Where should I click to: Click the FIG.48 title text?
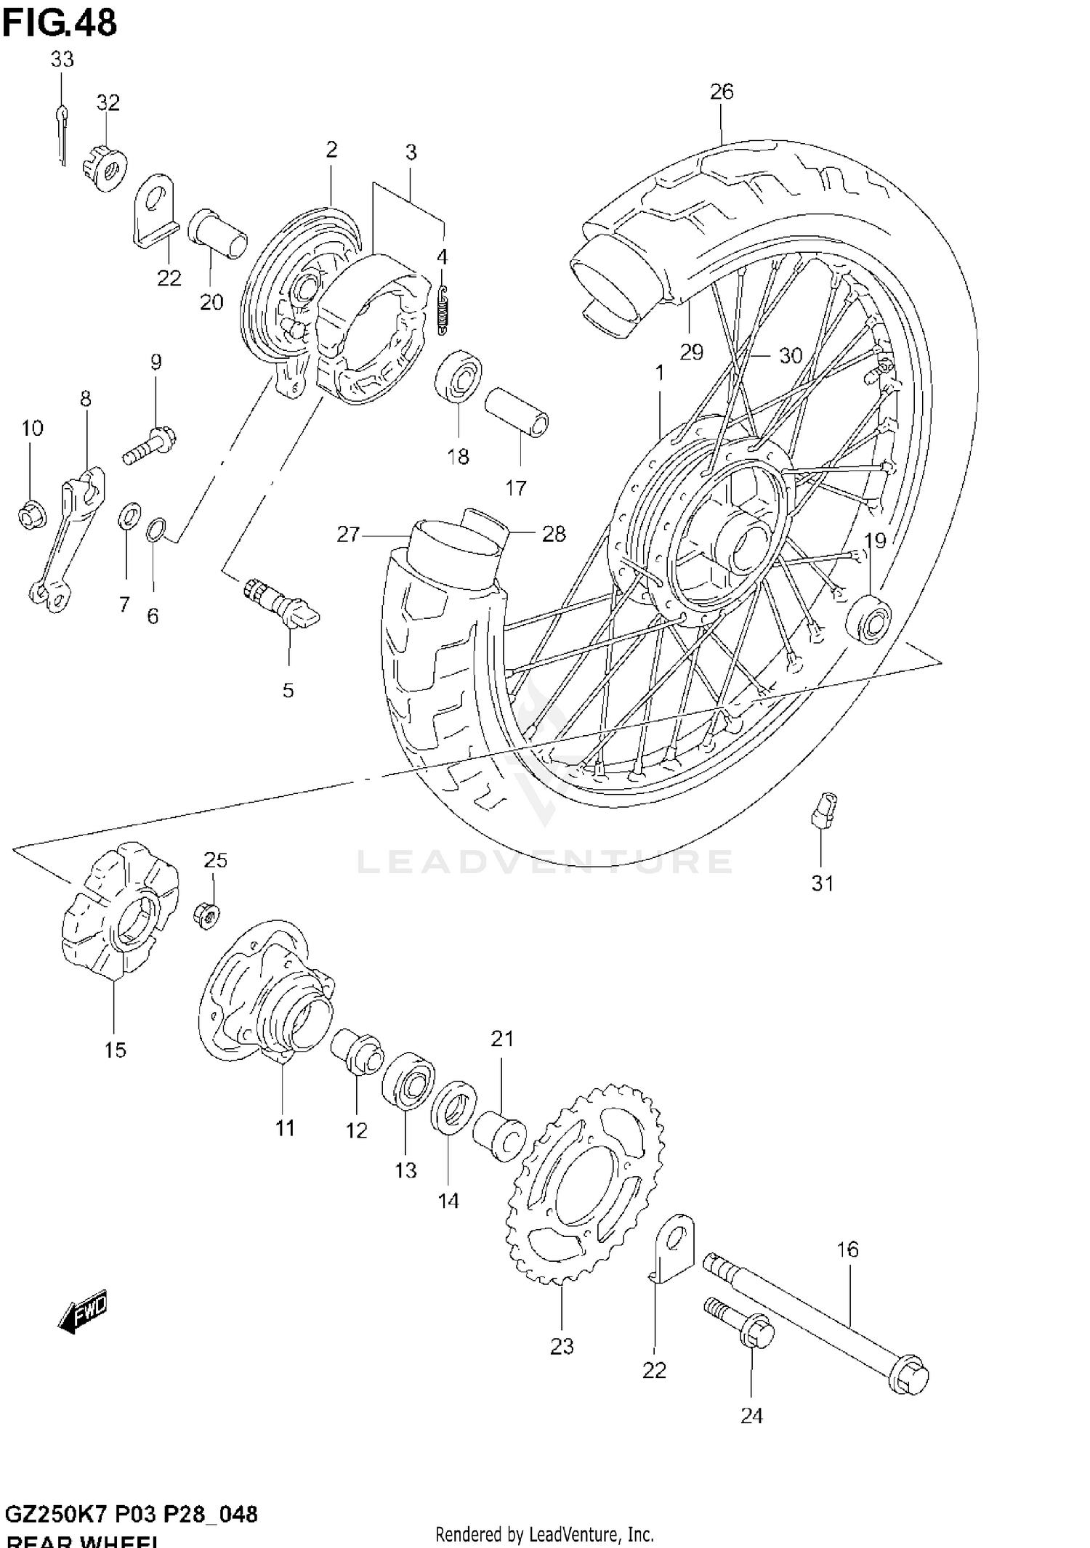tap(60, 23)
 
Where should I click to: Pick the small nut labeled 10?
tap(31, 515)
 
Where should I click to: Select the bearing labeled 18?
tap(457, 376)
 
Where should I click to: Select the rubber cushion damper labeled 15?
tap(116, 908)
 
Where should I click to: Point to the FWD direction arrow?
tap(82, 1311)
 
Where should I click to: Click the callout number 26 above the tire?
tap(722, 92)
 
